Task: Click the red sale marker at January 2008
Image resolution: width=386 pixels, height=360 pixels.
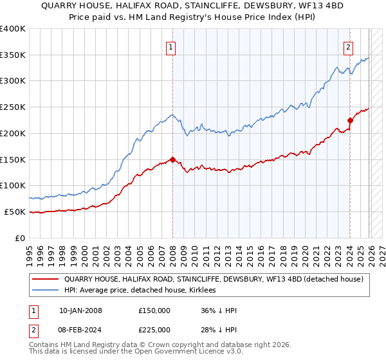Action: pos(172,159)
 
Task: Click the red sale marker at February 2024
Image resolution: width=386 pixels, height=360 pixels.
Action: pos(350,120)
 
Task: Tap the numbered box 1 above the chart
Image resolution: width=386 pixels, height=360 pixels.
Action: pos(172,46)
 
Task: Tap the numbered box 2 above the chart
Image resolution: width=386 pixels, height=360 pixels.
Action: pos(348,46)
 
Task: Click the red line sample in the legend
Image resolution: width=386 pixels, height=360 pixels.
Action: pos(45,279)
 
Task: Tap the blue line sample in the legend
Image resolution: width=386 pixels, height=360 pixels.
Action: pos(45,291)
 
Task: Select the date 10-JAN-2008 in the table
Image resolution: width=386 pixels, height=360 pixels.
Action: pos(80,310)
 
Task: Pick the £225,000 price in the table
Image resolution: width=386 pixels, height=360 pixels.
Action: pos(154,330)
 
